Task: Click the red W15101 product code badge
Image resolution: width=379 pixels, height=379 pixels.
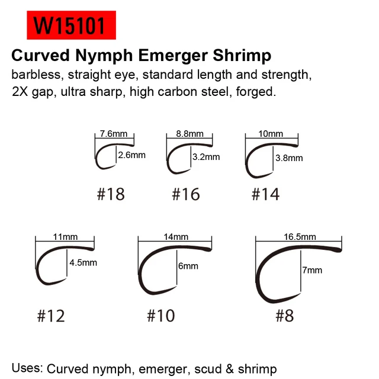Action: (71, 25)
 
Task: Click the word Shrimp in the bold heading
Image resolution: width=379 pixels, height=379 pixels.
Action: (242, 56)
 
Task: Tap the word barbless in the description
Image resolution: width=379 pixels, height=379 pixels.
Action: (36, 75)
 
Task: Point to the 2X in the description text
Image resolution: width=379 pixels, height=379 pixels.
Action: (20, 92)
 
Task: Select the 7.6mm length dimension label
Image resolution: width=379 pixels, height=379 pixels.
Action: (114, 134)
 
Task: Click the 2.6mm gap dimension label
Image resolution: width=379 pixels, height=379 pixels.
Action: (131, 155)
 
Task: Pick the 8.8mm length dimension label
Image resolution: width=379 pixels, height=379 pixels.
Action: (189, 134)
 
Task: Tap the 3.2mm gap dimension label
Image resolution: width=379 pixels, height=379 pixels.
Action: (206, 157)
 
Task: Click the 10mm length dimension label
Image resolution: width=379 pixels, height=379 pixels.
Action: (271, 134)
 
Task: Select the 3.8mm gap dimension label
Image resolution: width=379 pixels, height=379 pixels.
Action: (289, 158)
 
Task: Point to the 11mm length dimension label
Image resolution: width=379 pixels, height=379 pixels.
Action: (65, 237)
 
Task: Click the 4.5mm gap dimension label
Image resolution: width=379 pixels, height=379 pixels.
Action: (83, 263)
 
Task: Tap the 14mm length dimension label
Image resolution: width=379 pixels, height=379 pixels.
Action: (176, 237)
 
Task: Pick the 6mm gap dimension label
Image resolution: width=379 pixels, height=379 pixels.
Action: (188, 266)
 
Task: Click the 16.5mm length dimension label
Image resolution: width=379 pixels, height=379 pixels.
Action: (300, 237)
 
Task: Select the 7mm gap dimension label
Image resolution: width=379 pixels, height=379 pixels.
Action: (312, 270)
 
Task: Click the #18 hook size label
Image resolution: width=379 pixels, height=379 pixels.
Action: (111, 194)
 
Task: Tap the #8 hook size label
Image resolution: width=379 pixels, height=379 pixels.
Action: (285, 316)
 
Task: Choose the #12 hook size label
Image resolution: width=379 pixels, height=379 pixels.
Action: (51, 316)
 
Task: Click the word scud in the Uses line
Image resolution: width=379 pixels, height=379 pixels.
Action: (208, 369)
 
